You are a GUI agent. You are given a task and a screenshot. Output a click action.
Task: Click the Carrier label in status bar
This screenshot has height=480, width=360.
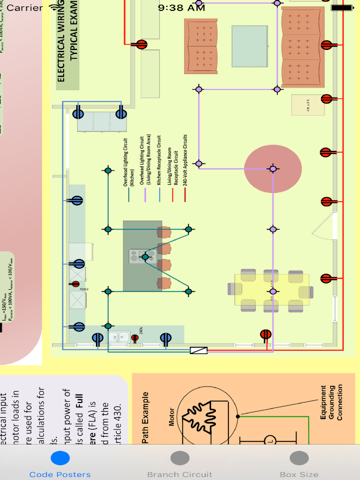click(x=26, y=7)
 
